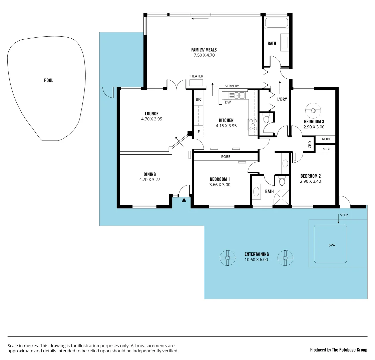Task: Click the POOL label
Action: coord(48,80)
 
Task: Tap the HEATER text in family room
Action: coord(197,76)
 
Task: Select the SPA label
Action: coord(331,245)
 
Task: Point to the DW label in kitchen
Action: coord(228,102)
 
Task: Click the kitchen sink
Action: coord(239,96)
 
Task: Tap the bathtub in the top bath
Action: coord(276,23)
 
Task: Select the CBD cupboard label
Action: coord(310,144)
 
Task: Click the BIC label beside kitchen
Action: coord(199,99)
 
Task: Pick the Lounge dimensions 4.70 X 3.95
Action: coord(151,119)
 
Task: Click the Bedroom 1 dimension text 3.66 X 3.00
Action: coord(220,185)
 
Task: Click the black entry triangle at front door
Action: coord(184,200)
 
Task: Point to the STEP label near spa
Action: coord(344,215)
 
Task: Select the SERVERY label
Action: coord(232,86)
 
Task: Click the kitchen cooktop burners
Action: coord(253,124)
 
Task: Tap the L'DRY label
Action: coord(282,99)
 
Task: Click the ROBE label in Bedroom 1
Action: coord(226,157)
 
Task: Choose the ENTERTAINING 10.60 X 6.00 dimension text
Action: coord(256,260)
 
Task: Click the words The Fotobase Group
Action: coord(349,350)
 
